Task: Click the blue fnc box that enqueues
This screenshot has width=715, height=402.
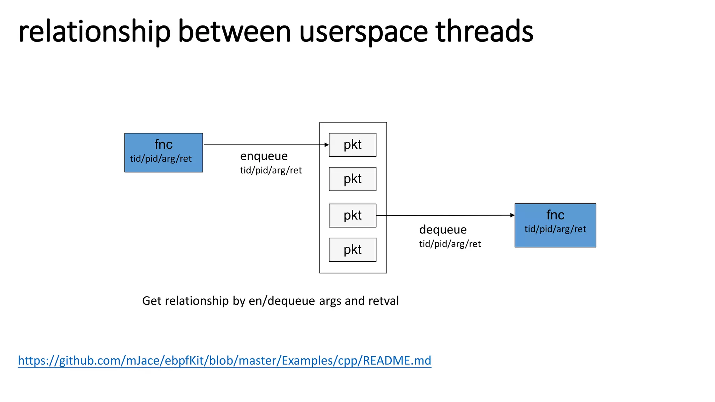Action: (x=163, y=152)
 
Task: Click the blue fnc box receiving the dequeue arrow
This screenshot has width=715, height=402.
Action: (x=555, y=225)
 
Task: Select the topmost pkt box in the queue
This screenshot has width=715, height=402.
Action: (x=352, y=145)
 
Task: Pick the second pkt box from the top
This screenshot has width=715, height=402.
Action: (x=352, y=179)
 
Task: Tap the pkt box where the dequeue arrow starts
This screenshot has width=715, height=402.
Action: (x=352, y=215)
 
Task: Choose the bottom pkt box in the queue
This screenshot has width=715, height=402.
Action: (x=352, y=250)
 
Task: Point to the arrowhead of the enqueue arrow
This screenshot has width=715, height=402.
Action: (x=327, y=145)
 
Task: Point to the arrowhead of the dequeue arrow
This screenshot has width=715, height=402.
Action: (x=513, y=215)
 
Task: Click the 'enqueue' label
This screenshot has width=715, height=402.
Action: (x=264, y=156)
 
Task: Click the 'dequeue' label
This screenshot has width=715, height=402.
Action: (x=443, y=230)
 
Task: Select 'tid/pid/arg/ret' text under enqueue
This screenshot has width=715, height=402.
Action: (x=271, y=170)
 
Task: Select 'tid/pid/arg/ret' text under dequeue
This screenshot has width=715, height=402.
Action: (x=450, y=244)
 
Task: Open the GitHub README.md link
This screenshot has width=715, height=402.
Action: (x=224, y=360)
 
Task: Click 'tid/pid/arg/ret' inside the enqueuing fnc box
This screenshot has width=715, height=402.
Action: (x=161, y=159)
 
